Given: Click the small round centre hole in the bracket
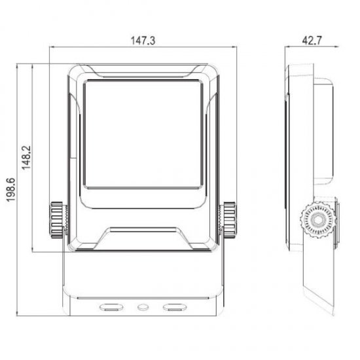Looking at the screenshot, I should click(143, 307).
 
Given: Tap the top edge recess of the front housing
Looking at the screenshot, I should click(143, 69).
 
